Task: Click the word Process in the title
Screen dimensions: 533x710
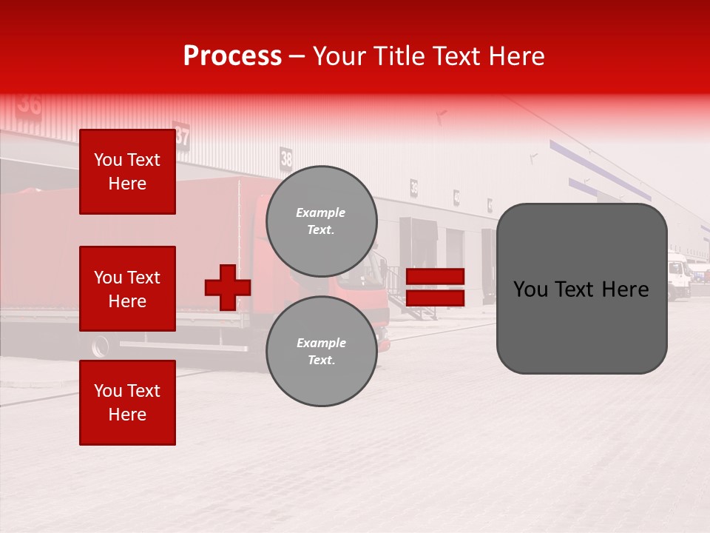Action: click(x=232, y=56)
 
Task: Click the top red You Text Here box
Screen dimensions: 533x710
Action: click(x=127, y=172)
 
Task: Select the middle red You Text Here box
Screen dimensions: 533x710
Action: click(x=127, y=289)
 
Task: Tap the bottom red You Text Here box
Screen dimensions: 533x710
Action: click(x=127, y=403)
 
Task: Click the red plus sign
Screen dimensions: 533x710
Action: click(x=228, y=287)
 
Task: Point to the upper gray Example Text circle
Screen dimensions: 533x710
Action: click(x=321, y=221)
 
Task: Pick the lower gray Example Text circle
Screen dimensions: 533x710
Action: click(x=321, y=351)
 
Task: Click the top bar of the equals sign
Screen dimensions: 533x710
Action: click(x=435, y=277)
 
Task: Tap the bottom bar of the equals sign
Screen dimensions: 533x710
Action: click(x=435, y=298)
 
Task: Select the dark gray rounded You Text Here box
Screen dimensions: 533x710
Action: click(x=581, y=289)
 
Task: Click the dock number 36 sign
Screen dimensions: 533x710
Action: click(x=30, y=104)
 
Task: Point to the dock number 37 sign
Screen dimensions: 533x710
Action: click(x=182, y=136)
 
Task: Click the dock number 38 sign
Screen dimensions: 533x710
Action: click(x=286, y=158)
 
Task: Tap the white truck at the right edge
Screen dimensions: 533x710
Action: click(x=678, y=276)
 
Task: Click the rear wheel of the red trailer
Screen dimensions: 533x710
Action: click(x=100, y=346)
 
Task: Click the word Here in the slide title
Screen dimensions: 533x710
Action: click(x=517, y=56)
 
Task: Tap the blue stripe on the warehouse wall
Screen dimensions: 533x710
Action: click(x=599, y=170)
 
